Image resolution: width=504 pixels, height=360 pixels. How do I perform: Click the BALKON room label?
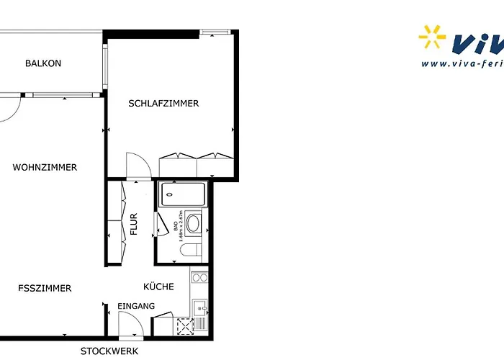coord(43,63)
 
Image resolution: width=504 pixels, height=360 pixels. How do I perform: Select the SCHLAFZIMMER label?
coord(163,104)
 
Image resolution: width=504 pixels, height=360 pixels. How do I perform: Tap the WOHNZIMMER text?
coord(45,168)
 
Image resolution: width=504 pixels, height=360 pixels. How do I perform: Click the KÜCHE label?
coord(158,287)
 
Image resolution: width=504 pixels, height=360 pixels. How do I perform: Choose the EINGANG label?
coord(136,307)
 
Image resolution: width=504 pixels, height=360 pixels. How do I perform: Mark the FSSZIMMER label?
coord(45,289)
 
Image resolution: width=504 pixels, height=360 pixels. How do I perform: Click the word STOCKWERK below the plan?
coord(109,352)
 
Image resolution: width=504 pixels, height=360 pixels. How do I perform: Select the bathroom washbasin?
coord(193,222)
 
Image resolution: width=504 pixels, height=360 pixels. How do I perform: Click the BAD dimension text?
coord(177,222)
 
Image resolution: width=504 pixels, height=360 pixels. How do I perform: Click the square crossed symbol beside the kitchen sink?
coord(184,326)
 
